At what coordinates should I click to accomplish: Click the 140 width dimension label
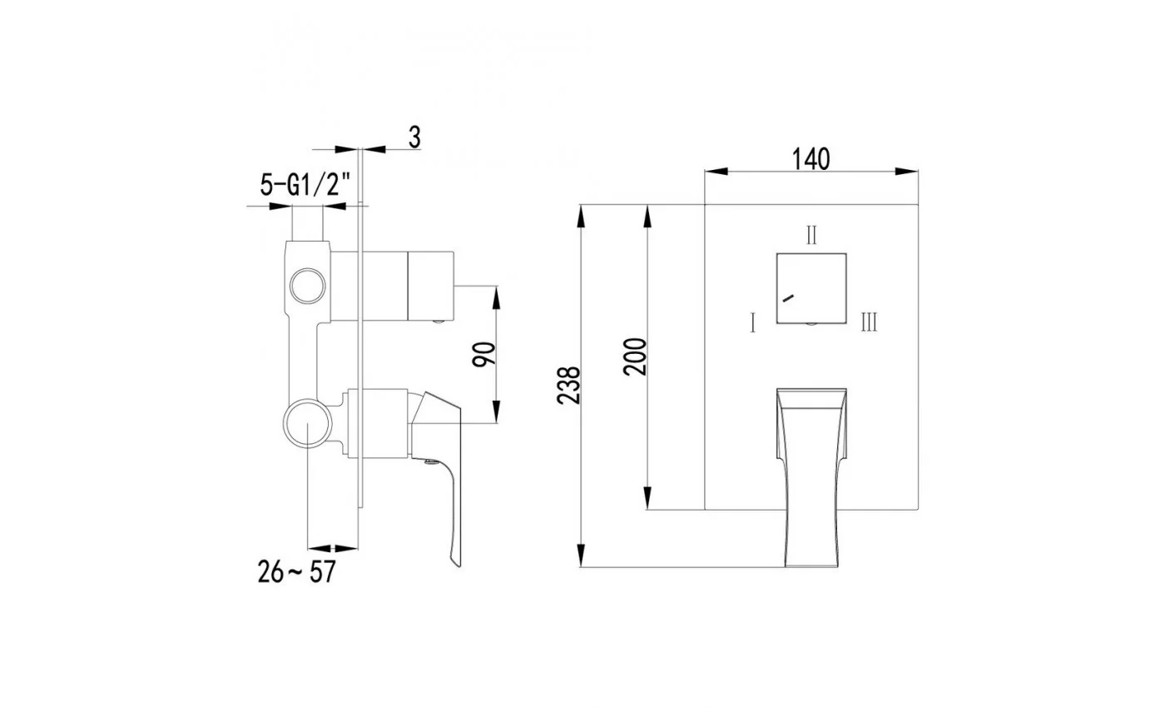811,159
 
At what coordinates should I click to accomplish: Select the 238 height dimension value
568,385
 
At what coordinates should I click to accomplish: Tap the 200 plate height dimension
635,356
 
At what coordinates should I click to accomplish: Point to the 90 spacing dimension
483,354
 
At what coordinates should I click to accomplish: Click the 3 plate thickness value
414,137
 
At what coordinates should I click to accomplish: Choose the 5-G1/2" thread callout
305,185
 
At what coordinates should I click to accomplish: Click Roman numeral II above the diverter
811,235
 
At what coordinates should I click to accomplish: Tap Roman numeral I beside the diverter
752,323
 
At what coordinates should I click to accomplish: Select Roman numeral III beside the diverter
869,322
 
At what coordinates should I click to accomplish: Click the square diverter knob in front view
811,288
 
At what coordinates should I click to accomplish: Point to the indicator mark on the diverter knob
789,298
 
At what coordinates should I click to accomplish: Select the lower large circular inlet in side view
308,423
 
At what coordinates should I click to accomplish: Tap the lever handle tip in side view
457,564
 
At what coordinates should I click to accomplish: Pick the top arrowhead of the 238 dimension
581,216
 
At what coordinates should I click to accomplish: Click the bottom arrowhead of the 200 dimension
647,498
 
